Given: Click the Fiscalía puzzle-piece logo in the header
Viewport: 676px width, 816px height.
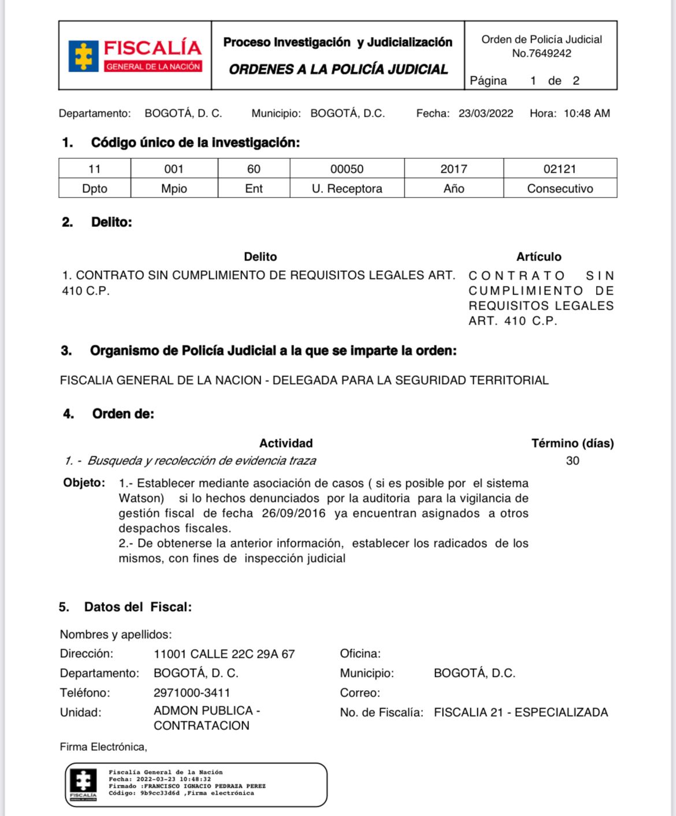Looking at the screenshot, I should (84, 56).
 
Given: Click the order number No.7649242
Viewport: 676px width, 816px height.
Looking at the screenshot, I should (541, 53).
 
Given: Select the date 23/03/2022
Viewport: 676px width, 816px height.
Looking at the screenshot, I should (485, 113).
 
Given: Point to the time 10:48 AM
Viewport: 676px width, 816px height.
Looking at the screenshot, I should (586, 113).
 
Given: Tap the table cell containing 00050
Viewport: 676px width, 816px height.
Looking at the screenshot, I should (347, 169).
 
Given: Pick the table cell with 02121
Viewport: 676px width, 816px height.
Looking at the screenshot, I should (559, 169).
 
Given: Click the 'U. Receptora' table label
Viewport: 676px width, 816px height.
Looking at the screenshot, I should (347, 188).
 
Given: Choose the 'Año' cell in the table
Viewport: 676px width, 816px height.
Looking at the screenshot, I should (454, 188).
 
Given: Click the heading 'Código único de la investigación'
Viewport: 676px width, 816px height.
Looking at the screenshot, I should (195, 143).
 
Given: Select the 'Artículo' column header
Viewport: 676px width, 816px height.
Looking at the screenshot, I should (538, 256).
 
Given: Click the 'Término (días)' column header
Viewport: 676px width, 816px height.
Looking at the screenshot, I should (572, 443).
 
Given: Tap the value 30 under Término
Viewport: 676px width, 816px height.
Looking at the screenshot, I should (572, 460).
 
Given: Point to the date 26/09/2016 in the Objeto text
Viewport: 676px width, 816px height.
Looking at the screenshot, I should (294, 513).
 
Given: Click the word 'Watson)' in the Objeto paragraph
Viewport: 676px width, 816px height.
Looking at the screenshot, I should (141, 498).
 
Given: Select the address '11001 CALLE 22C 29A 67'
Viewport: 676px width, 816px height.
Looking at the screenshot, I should (224, 654).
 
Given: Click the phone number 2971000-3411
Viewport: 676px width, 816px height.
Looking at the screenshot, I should (192, 692).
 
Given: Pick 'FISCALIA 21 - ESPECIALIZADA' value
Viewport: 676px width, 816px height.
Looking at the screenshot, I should (521, 712).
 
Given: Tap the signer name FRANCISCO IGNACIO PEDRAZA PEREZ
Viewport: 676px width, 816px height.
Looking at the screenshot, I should (205, 786).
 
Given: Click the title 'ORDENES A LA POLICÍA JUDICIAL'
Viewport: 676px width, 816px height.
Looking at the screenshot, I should (338, 69).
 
